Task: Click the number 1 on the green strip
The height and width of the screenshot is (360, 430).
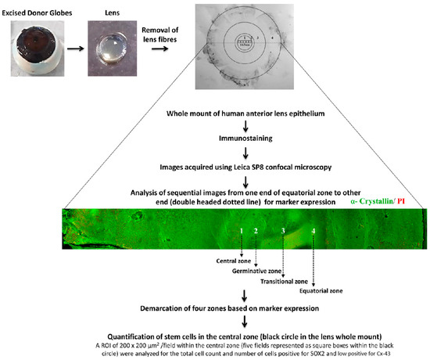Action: [x=242, y=232]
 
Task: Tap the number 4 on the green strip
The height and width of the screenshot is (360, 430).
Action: [x=313, y=232]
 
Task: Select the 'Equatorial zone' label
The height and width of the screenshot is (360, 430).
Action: [x=314, y=290]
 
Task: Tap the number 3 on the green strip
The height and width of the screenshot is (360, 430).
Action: [x=283, y=232]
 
